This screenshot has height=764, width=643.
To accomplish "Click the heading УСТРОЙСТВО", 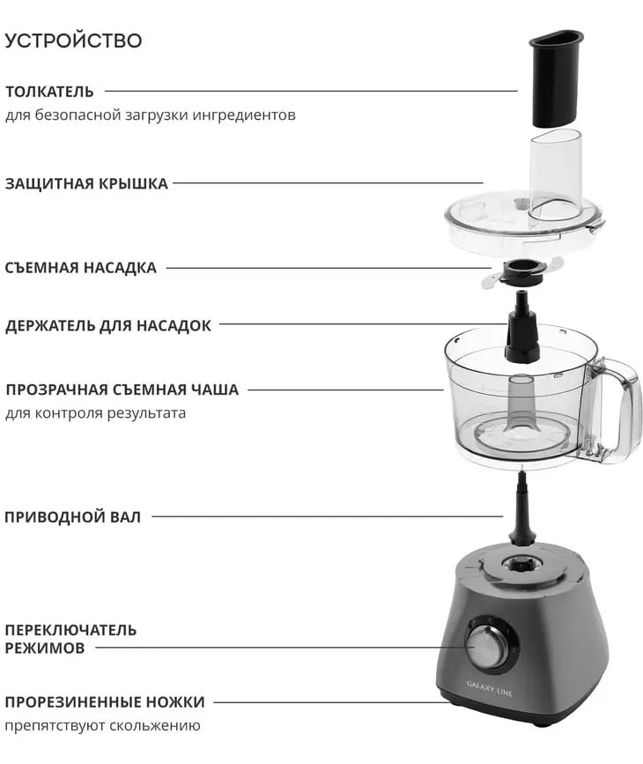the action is point(74,41).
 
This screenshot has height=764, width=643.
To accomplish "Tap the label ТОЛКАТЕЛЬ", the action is point(49,92).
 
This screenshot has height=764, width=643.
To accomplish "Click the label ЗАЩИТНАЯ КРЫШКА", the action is point(86,183).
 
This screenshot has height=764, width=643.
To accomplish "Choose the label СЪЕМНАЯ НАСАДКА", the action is point(81,268).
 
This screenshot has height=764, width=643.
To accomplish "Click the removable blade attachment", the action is point(522,273).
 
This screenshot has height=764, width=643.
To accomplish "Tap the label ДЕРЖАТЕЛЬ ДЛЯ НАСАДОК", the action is point(108,325).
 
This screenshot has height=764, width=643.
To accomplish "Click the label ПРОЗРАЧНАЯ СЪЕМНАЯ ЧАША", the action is point(122,389).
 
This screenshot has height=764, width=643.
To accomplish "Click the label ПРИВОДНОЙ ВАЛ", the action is point(72,517).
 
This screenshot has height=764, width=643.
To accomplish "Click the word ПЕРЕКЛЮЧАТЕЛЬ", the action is point(70,630).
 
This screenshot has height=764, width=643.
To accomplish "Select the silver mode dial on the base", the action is point(484,646).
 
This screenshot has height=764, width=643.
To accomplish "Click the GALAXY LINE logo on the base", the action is point(490,688).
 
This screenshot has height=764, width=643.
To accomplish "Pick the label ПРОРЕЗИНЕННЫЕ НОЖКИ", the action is point(105,702).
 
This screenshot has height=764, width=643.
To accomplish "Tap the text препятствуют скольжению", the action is point(103,726).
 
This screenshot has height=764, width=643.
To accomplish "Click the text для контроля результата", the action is point(95,413).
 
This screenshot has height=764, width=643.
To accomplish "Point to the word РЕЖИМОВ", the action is point(45,649).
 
